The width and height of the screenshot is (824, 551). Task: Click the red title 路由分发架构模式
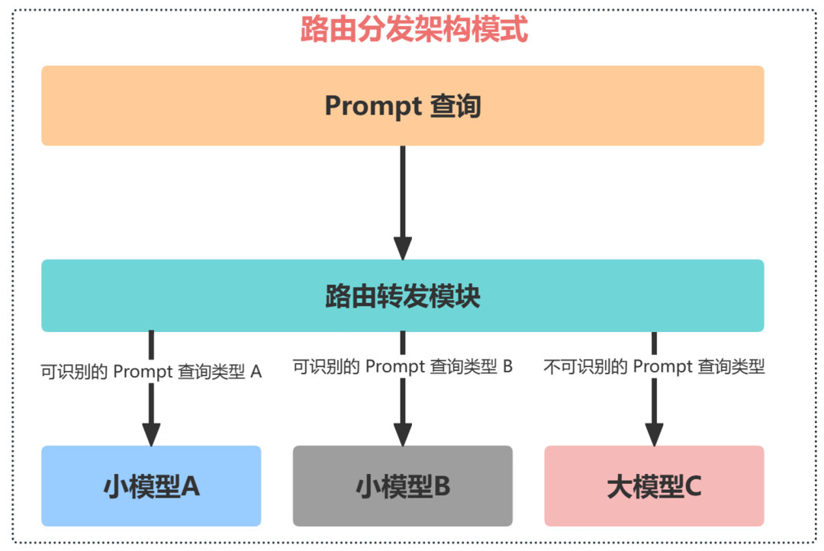pos(414,31)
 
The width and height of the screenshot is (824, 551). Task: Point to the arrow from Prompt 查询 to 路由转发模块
pos(403,191)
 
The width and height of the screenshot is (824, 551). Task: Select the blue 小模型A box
pos(151,486)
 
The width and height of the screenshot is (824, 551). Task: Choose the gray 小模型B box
pos(403,486)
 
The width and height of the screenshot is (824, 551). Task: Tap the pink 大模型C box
pos(654,486)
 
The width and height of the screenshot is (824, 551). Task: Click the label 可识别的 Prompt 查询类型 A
pos(151,372)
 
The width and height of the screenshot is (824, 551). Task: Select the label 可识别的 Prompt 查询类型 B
pos(403,366)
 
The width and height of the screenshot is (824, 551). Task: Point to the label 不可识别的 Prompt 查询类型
pos(654,366)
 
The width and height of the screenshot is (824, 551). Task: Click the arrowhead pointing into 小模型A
pos(151,433)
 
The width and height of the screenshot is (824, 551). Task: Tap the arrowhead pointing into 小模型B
pos(403,433)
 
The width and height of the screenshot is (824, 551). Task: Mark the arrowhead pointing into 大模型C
pos(654,433)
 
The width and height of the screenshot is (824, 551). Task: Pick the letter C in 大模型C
pos(692,487)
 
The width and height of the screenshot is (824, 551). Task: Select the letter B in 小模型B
pos(442,487)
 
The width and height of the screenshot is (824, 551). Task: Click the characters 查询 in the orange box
pos(455,106)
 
